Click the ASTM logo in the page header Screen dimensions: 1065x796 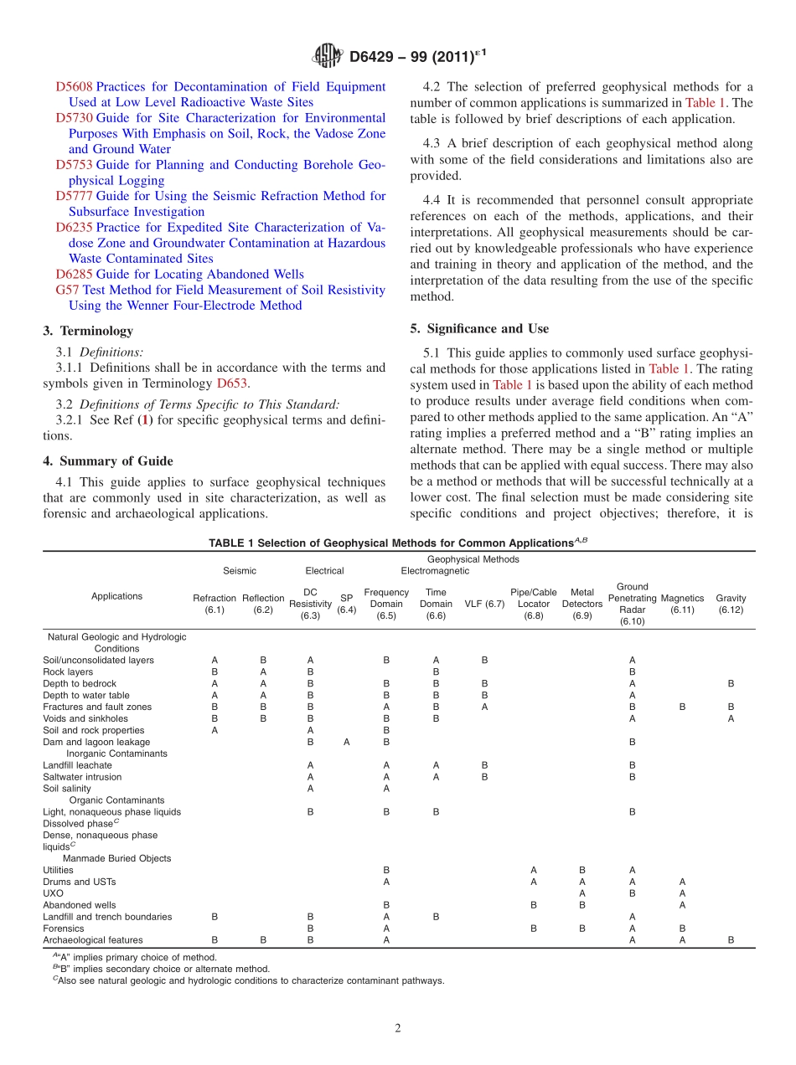point(328,56)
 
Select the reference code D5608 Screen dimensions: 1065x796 point(74,87)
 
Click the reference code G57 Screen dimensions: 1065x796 point(68,290)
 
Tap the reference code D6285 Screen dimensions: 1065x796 point(74,275)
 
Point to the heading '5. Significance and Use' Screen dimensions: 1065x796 point(479,328)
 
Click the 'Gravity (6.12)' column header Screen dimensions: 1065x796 point(731,604)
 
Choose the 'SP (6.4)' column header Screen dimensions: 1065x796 point(346,604)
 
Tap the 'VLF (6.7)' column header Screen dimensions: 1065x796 point(484,604)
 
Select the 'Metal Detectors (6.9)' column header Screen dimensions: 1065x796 point(581,604)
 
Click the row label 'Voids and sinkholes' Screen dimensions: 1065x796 point(85,718)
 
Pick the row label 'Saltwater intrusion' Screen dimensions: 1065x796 point(82,777)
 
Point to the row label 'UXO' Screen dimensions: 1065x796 point(53,893)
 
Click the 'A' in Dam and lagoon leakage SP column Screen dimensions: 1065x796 point(346,742)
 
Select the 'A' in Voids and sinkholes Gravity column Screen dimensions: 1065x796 point(731,718)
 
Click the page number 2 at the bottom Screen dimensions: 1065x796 point(398,1028)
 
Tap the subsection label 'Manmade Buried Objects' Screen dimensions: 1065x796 point(116,858)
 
